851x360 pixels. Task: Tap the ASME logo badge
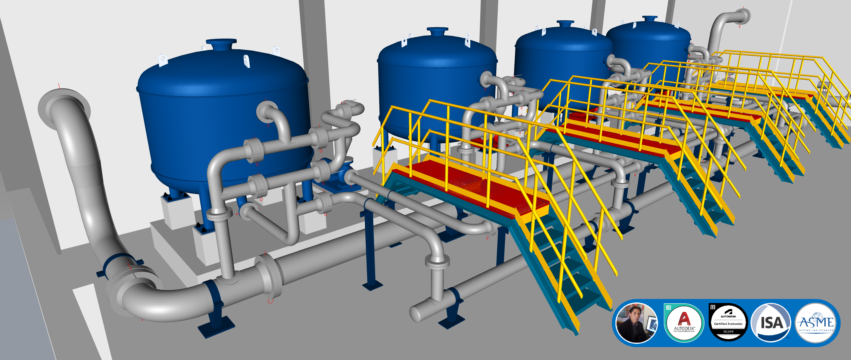tap(816, 323)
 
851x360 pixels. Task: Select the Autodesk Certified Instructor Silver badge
tap(728, 322)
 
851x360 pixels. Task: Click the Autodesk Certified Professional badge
tap(684, 322)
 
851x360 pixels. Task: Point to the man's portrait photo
tap(636, 323)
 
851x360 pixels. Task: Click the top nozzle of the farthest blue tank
tap(650, 19)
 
